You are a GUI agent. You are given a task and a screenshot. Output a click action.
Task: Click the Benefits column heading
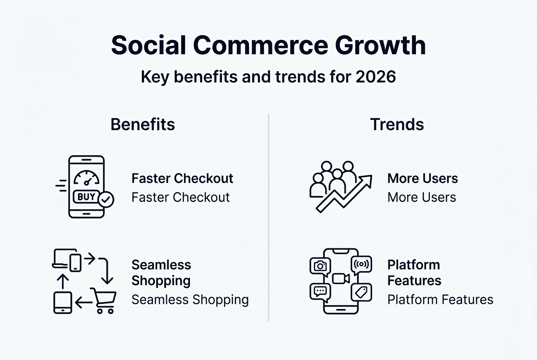[143, 124]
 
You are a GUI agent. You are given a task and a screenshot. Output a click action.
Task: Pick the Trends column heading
[397, 124]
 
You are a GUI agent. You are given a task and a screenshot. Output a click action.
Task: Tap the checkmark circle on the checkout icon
[106, 199]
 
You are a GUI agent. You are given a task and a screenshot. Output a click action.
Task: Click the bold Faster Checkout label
[182, 178]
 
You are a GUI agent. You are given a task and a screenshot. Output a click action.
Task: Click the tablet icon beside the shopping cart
[62, 302]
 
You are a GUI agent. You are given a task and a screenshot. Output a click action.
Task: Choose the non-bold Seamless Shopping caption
[190, 300]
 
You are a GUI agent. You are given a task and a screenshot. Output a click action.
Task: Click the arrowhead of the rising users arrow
[367, 180]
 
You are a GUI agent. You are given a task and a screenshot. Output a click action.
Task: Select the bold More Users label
[422, 178]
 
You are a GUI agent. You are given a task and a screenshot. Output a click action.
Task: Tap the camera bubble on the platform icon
[320, 266]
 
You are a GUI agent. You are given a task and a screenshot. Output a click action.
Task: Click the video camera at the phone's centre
[341, 278]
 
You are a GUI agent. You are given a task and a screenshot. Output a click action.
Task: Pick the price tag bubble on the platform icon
[362, 292]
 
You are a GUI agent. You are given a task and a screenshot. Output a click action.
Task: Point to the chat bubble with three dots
[320, 292]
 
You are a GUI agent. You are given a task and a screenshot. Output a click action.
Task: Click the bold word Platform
[413, 265]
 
